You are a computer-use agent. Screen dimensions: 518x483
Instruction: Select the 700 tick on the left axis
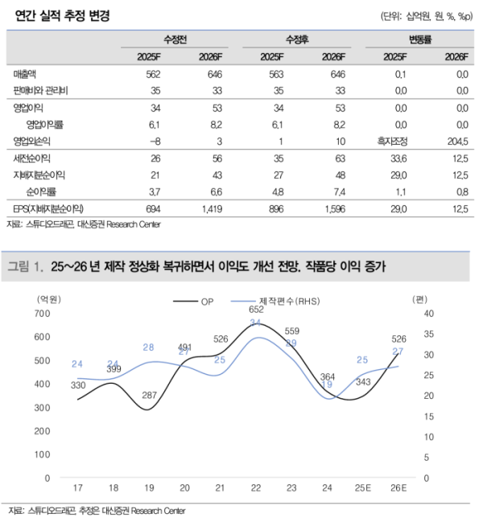pos(39,313)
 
